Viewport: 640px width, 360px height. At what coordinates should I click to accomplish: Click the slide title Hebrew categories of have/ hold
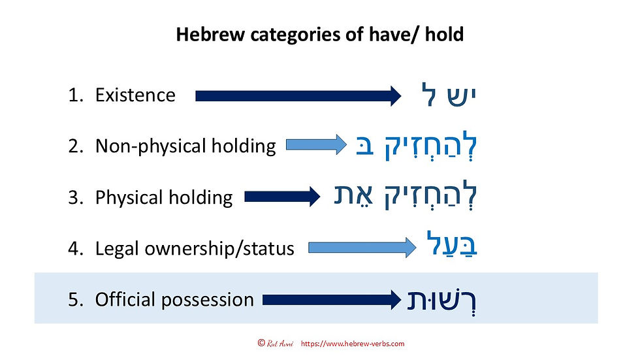pyautogui.click(x=319, y=35)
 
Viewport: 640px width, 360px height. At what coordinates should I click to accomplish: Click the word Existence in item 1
pyautogui.click(x=135, y=95)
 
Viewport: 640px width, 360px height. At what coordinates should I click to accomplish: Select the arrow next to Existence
pyautogui.click(x=298, y=96)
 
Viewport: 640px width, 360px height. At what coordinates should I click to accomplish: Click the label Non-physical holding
pyautogui.click(x=185, y=146)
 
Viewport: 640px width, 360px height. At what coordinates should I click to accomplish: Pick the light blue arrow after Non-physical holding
pyautogui.click(x=315, y=144)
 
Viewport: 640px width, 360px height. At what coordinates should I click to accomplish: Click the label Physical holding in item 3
pyautogui.click(x=163, y=197)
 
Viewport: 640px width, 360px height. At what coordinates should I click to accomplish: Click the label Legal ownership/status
pyautogui.click(x=195, y=248)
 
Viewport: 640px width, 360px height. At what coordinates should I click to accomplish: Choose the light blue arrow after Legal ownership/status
pyautogui.click(x=362, y=247)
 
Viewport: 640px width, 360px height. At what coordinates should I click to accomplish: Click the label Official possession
pyautogui.click(x=174, y=300)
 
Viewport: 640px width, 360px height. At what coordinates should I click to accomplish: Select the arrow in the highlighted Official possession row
pyautogui.click(x=331, y=299)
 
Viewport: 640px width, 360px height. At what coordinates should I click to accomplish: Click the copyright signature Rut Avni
pyautogui.click(x=280, y=344)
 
